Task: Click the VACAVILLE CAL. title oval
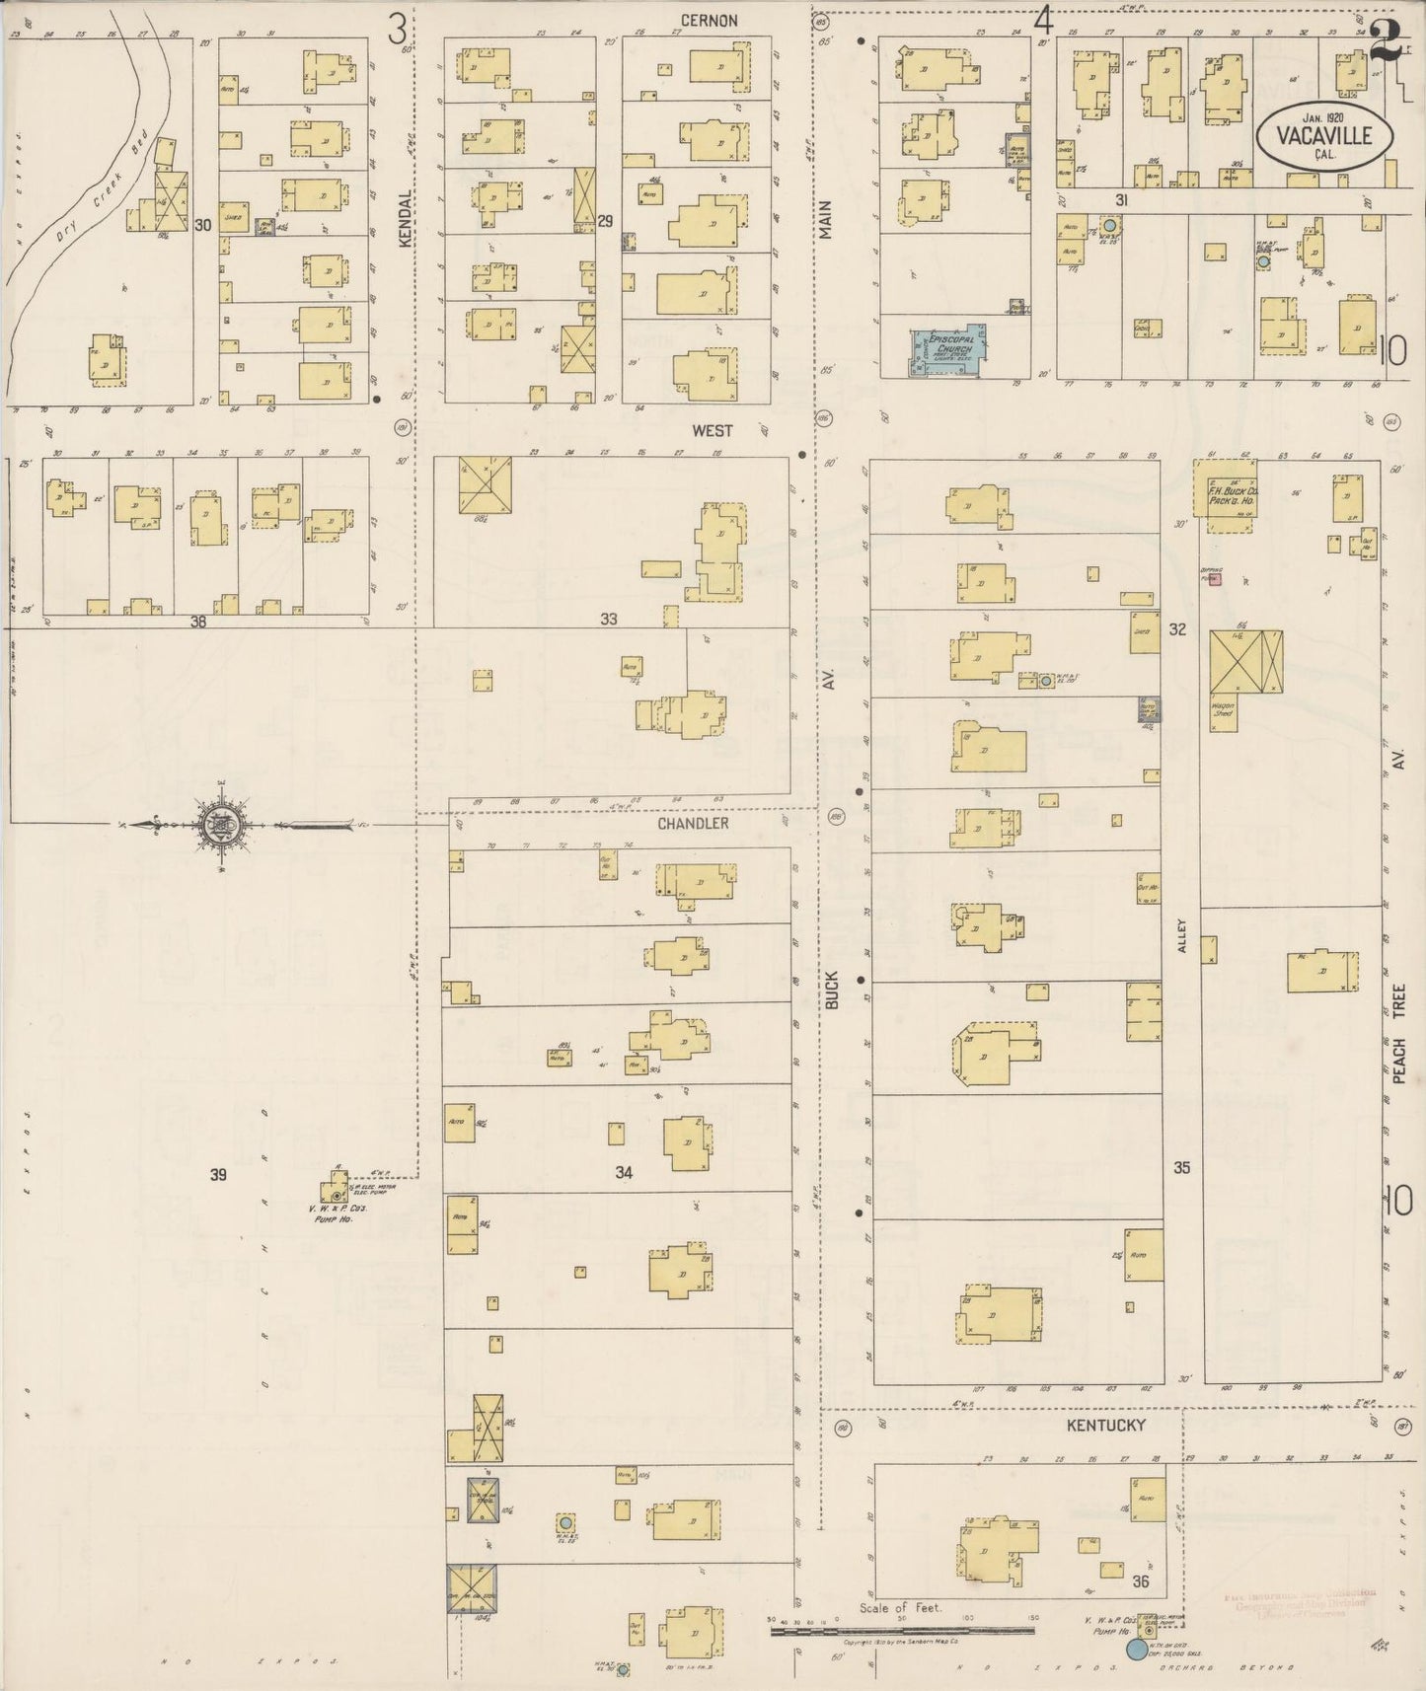(1324, 137)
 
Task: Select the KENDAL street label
(404, 219)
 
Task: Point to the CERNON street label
(708, 20)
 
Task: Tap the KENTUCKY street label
(1106, 1425)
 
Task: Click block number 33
(608, 619)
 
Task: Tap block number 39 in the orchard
(218, 1174)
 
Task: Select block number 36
(1142, 1581)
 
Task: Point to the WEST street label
(712, 430)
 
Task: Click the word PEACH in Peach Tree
(1398, 1057)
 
